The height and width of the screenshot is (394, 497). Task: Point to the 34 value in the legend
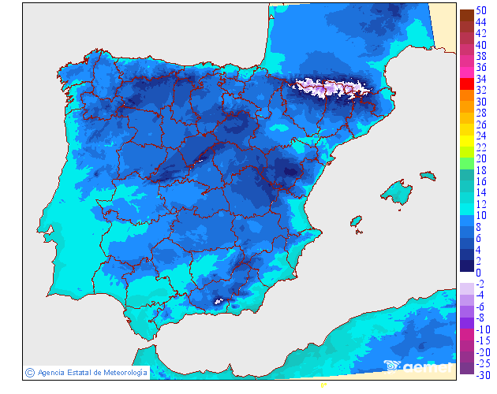480,80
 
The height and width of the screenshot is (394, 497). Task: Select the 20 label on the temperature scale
480,158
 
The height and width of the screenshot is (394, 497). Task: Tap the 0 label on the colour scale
478,273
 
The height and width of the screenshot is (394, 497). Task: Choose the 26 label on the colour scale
480,125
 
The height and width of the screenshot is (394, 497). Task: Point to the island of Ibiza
356,221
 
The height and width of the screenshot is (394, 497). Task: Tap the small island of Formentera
359,231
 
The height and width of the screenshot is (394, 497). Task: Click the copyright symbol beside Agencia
29,372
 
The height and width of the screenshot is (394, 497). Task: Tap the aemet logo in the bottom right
418,366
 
